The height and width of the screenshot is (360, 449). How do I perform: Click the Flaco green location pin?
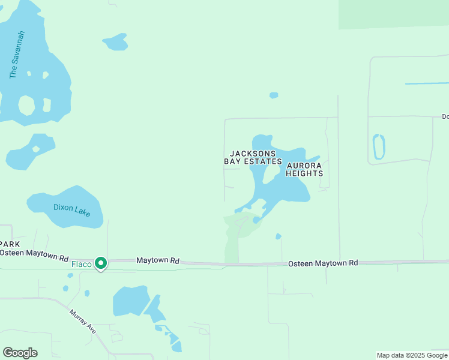(101, 263)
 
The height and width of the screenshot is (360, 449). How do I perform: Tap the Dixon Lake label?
(71, 209)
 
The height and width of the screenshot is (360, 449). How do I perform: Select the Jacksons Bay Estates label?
(253, 158)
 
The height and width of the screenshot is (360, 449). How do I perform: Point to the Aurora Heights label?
(304, 169)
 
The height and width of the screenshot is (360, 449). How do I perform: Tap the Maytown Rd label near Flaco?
(158, 261)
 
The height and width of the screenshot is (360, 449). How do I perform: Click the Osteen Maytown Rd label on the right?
(323, 263)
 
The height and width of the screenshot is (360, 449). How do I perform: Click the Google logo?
(20, 353)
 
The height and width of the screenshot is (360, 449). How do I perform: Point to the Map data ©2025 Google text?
(412, 355)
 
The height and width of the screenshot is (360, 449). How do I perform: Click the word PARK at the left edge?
(10, 244)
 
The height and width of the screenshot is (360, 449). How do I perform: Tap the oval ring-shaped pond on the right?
(379, 146)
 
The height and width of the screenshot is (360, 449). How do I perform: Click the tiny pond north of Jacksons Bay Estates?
(274, 95)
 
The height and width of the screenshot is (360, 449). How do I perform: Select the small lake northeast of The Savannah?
(116, 42)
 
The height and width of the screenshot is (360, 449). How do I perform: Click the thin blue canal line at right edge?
(426, 83)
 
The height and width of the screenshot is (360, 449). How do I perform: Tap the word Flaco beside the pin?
(81, 263)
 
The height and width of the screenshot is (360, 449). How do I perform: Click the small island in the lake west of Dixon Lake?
(36, 149)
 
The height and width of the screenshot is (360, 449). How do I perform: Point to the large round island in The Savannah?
(26, 106)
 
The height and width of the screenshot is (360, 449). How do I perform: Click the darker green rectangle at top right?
(393, 13)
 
